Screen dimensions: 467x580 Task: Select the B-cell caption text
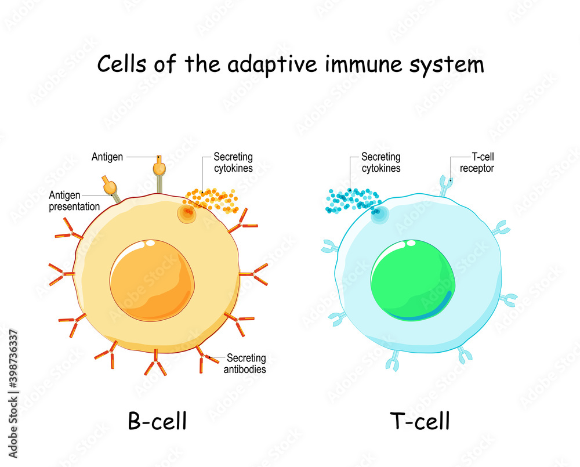click(x=157, y=421)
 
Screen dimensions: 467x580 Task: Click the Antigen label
click(x=107, y=157)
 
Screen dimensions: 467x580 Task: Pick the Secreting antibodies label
click(x=246, y=363)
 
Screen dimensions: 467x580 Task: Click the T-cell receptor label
click(x=477, y=162)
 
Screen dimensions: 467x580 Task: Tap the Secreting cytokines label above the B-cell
click(x=233, y=162)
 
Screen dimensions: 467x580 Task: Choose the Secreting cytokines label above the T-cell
click(x=380, y=162)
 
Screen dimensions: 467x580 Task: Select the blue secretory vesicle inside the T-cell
click(x=379, y=215)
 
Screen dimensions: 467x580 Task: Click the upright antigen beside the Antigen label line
click(x=158, y=169)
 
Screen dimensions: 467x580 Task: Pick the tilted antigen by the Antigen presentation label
click(x=109, y=186)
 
